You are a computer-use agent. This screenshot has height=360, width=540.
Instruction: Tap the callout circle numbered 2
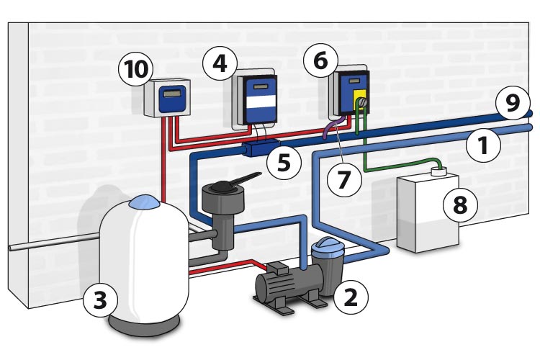(351, 295)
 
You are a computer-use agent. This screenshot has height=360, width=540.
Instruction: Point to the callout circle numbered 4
(220, 64)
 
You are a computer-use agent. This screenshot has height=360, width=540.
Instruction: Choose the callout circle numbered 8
(459, 204)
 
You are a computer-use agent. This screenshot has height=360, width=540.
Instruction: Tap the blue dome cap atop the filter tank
(144, 203)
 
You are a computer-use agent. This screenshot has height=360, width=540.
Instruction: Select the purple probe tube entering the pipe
(330, 129)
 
